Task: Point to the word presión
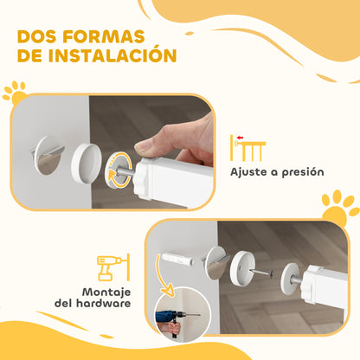point(300,171)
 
